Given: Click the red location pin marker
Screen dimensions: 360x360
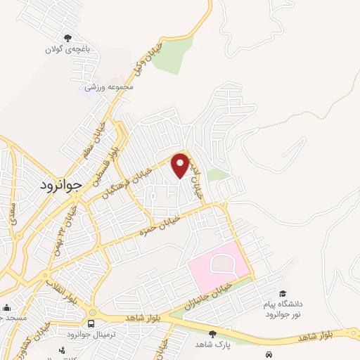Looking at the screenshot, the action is point(180,165).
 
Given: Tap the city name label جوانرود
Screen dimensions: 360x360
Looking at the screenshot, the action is point(58,185).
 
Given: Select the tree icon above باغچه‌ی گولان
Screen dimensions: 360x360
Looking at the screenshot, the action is point(68,39).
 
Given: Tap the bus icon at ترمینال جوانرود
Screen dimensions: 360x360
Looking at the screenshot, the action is point(91,323).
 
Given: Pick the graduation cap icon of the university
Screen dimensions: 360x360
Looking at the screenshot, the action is point(283,294).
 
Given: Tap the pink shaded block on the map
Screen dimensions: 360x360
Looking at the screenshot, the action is point(218,269).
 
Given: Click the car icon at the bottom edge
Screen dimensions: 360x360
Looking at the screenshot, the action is point(269,354).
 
